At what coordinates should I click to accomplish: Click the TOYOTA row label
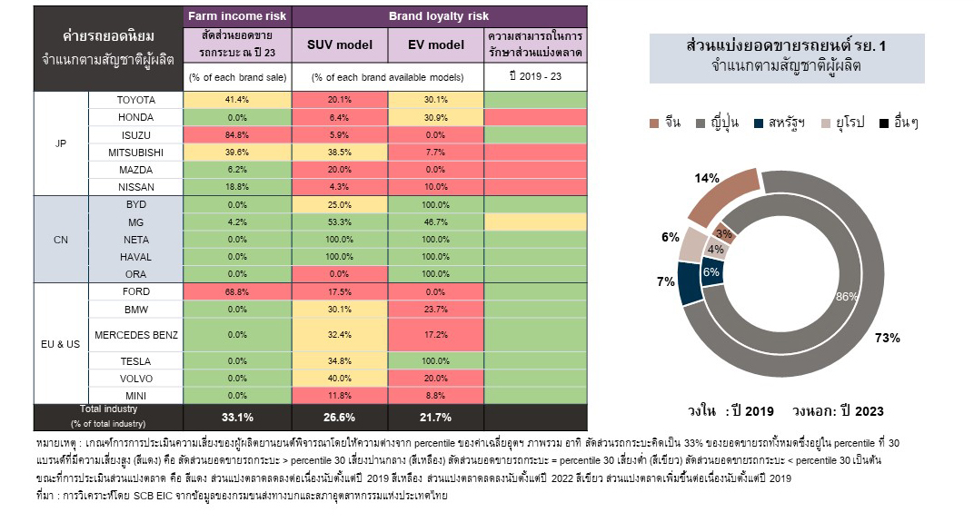pos(135,100)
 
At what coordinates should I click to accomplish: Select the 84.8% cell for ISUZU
pos(237,134)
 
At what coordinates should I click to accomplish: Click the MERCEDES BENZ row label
pos(135,335)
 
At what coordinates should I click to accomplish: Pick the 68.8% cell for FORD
pos(237,291)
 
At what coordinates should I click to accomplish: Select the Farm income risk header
pos(237,16)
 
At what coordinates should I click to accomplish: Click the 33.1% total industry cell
pos(237,417)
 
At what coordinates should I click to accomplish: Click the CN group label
pos(61,239)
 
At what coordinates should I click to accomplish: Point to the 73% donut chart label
pos(887,338)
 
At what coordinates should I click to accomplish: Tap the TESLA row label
pos(135,361)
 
